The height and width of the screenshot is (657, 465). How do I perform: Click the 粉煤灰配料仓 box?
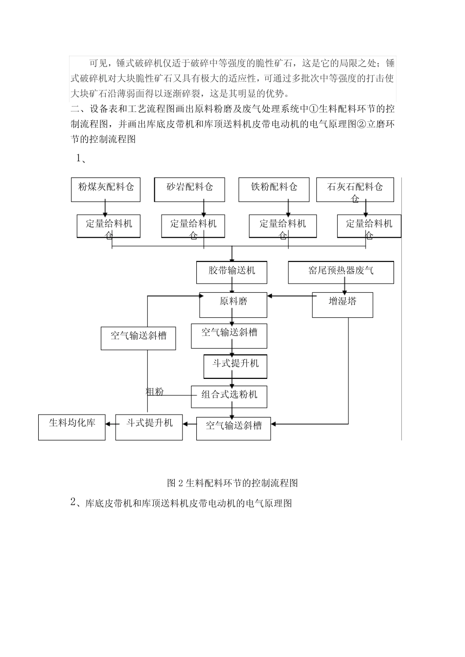(x=106, y=190)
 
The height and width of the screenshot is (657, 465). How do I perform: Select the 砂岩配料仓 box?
(x=189, y=190)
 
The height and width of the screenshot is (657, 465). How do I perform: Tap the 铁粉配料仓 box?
(x=274, y=190)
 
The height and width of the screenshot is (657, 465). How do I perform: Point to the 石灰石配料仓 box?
(x=355, y=190)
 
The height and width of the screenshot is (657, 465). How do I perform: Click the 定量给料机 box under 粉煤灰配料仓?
(x=109, y=226)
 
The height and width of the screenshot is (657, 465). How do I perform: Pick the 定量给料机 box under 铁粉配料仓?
(x=282, y=226)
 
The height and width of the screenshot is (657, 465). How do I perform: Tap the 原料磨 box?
(x=233, y=305)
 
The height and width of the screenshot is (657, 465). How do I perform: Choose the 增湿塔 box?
(x=343, y=305)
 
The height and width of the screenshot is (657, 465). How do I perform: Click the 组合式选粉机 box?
(x=229, y=396)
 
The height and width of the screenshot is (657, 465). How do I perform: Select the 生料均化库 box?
(x=72, y=427)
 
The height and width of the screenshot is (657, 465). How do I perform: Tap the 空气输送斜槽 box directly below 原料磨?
(x=229, y=336)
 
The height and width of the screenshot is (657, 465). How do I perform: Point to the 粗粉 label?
(x=155, y=392)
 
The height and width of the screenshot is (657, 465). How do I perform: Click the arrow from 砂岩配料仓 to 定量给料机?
(x=204, y=208)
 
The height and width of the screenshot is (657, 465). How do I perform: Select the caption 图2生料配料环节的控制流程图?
(x=232, y=483)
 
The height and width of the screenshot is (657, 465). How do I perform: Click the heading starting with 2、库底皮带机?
(x=181, y=503)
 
